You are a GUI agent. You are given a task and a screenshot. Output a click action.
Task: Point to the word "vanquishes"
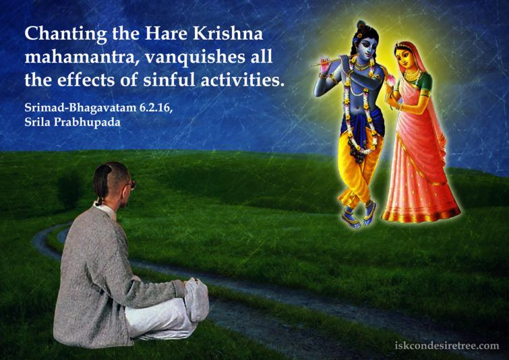coord(177,57)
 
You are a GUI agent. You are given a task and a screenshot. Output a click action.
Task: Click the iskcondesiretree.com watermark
coord(447,346)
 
